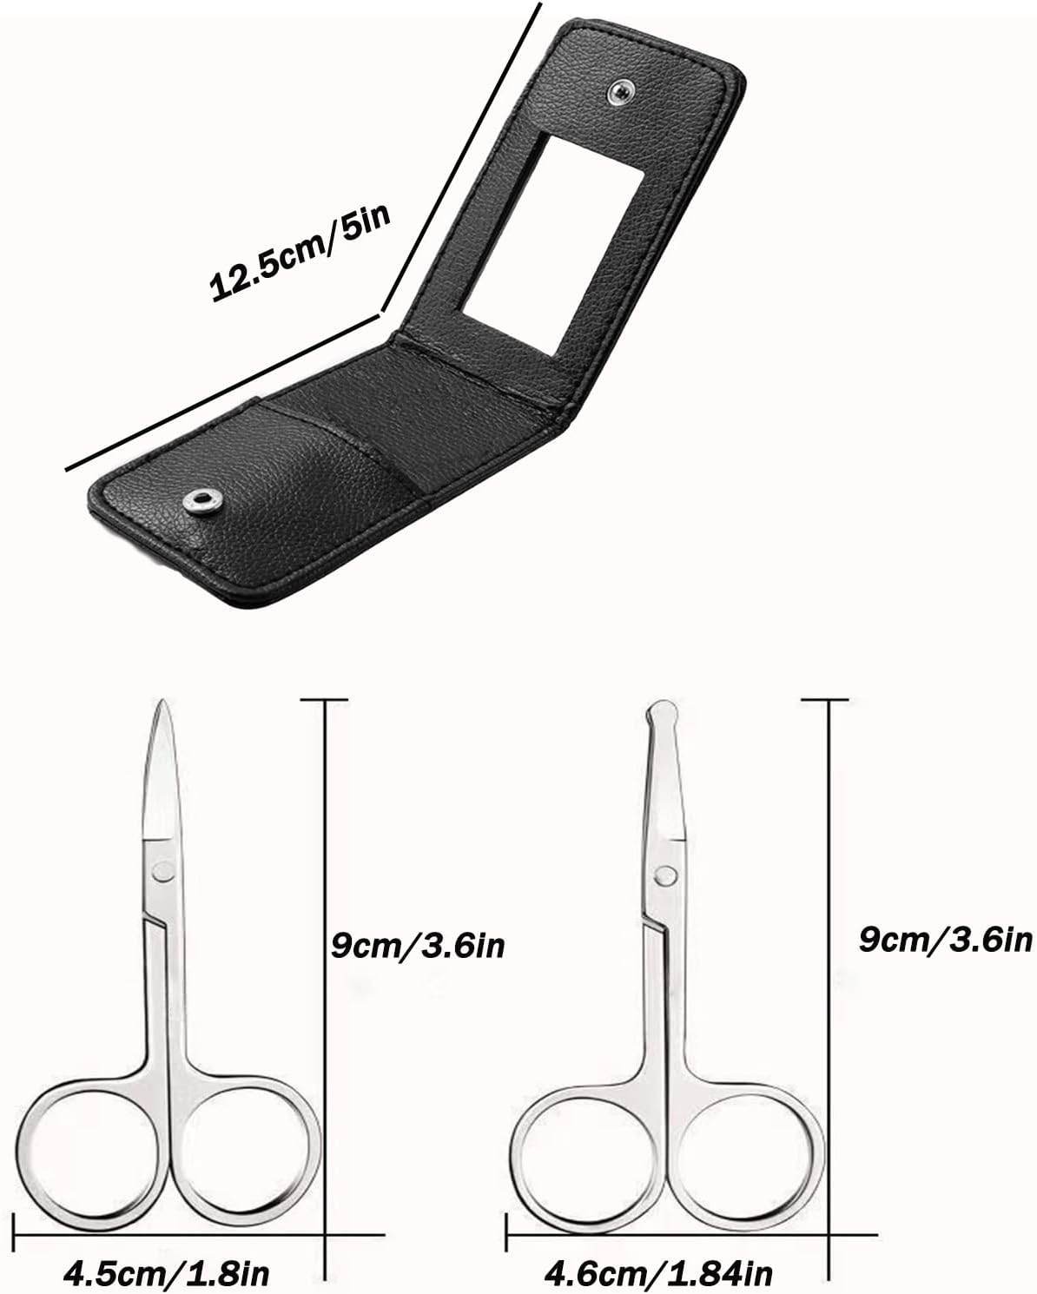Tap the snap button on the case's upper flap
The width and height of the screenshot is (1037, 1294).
click(x=620, y=89)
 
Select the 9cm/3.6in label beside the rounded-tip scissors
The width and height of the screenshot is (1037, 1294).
click(x=946, y=938)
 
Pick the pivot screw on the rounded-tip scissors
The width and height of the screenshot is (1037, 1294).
click(x=664, y=874)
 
